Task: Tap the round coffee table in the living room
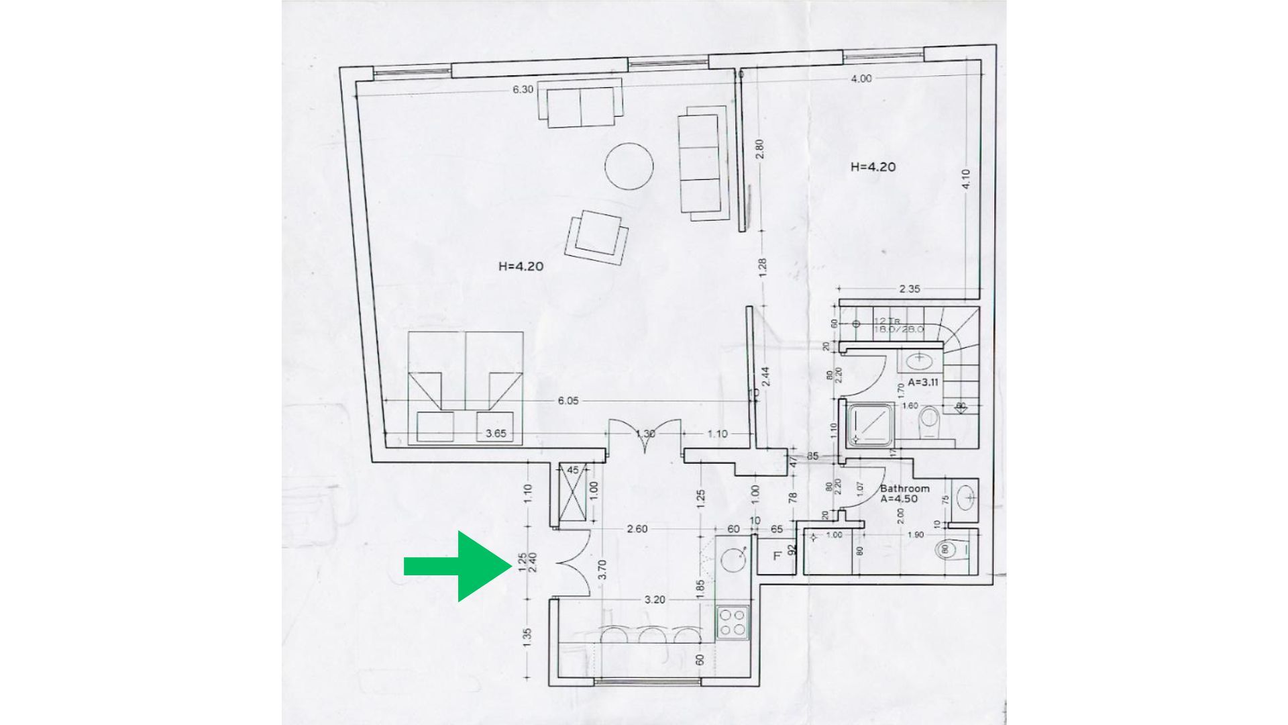[629, 166]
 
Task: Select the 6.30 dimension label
[523, 89]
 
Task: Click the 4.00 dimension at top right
[861, 79]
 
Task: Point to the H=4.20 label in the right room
[873, 167]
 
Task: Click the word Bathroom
[904, 489]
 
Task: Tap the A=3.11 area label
[923, 382]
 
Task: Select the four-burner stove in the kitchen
[732, 622]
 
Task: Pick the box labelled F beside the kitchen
[777, 556]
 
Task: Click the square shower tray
[871, 424]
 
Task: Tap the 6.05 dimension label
[568, 401]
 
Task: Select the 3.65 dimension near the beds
[495, 434]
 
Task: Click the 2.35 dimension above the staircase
[910, 289]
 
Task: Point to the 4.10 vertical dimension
[966, 179]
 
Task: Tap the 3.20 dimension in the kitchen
[654, 599]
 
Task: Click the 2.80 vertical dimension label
[759, 149]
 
